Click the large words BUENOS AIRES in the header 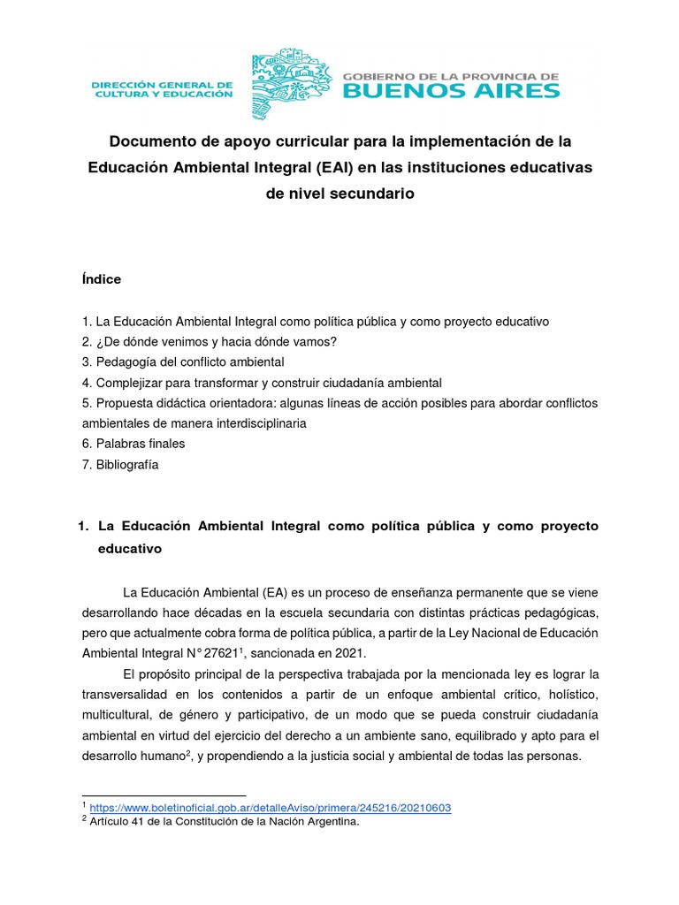point(451,90)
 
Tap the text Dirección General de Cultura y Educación point(162,88)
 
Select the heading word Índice point(101,279)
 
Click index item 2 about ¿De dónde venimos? point(210,341)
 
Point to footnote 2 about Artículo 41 point(222,822)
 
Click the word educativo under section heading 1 point(129,548)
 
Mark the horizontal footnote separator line point(164,795)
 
